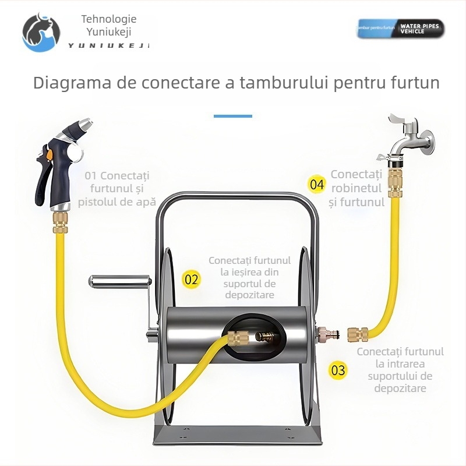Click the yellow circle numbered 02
tap(191, 279)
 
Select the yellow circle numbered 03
tap(337, 370)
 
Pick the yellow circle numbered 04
tap(316, 185)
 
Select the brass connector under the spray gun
tap(60, 220)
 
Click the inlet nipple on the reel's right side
tap(321, 334)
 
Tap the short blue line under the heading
tap(232, 116)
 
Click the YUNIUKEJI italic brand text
tap(108, 45)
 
